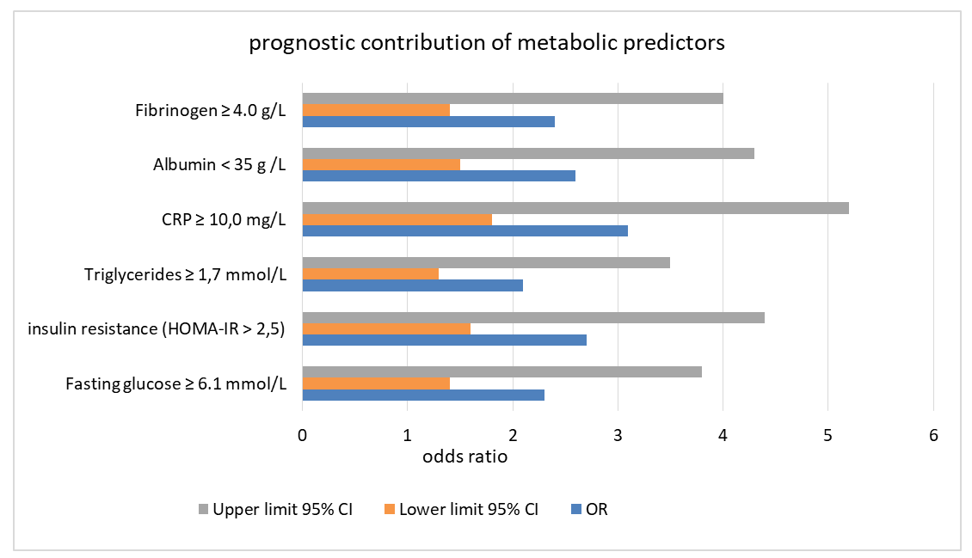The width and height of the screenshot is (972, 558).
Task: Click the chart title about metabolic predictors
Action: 487,43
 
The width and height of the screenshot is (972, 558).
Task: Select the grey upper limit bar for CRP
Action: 575,208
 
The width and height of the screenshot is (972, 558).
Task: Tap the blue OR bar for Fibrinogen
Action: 428,121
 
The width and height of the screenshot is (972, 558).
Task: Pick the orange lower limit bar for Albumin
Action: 381,165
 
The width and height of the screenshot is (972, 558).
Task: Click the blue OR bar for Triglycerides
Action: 413,285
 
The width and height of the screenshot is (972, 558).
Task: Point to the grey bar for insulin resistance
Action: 533,318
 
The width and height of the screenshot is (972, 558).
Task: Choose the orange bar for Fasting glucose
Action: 376,384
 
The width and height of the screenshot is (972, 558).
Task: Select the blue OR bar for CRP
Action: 464,230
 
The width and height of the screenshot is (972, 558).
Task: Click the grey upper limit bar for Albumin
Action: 528,154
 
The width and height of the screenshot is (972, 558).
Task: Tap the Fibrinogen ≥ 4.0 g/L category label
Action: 211,111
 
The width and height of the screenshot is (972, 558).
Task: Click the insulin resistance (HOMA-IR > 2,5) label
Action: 157,328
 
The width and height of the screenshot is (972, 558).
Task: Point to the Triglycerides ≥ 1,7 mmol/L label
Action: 185,274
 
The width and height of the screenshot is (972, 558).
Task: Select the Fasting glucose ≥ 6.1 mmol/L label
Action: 176,384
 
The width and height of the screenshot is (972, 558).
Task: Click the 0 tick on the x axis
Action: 303,435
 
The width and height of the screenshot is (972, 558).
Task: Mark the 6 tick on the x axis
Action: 933,435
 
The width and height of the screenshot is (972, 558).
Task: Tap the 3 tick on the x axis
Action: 618,435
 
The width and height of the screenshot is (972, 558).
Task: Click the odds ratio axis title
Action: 464,457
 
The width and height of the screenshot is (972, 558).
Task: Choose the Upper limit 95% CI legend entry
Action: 276,509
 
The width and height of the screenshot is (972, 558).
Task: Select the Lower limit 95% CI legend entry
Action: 462,509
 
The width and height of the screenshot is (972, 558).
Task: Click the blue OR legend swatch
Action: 575,510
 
